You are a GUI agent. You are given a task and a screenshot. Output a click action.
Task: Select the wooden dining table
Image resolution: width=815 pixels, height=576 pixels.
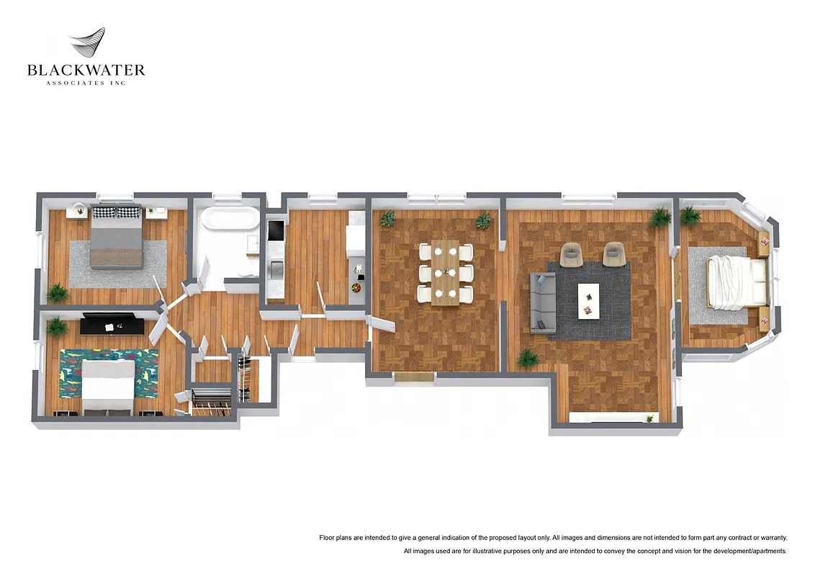click(x=446, y=273)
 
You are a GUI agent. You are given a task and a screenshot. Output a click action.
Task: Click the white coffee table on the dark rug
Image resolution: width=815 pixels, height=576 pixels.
click(x=588, y=300)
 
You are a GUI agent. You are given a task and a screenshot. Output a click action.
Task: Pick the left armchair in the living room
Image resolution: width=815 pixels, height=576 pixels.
click(x=571, y=253)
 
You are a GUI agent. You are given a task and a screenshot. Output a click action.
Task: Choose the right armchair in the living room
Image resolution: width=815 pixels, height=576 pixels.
click(x=613, y=253)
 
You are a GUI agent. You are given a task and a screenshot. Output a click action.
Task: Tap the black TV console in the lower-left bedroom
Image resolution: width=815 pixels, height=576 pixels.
click(x=117, y=325)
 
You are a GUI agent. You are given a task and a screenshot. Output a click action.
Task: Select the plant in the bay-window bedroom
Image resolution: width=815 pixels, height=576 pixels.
click(x=690, y=215)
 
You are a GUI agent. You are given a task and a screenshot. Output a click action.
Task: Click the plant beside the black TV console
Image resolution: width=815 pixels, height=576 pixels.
click(x=57, y=327)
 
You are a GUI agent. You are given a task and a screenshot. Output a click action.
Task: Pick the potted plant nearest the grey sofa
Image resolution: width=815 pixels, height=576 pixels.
click(x=528, y=358)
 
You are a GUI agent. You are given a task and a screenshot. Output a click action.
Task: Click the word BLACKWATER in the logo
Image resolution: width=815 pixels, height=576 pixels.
click(x=86, y=71)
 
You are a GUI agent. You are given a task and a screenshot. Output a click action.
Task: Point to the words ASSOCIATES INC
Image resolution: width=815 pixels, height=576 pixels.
click(x=86, y=84)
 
